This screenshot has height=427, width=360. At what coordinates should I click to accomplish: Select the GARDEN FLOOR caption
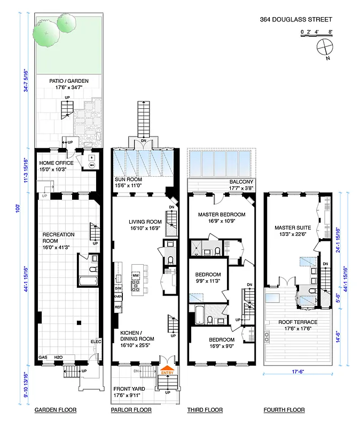56,410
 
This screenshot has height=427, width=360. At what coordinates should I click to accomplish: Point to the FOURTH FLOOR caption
284,410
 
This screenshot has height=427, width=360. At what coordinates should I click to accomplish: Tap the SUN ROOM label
129,179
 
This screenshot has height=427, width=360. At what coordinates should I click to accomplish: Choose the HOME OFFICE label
56,163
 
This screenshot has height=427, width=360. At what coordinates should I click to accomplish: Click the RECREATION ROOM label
59,238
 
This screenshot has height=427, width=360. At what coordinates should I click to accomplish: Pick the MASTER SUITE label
293,226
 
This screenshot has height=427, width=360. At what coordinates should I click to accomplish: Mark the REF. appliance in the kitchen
118,308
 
